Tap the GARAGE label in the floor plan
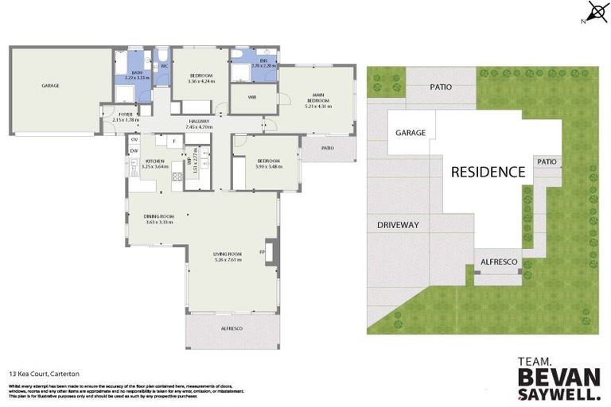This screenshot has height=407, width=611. (x=50, y=85)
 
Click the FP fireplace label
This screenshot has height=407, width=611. (x=262, y=253)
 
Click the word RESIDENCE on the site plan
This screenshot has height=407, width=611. (x=488, y=171)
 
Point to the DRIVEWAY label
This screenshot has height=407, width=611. (x=398, y=225)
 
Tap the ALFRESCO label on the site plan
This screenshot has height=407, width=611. (x=498, y=262)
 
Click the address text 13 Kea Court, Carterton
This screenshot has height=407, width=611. (x=44, y=373)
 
